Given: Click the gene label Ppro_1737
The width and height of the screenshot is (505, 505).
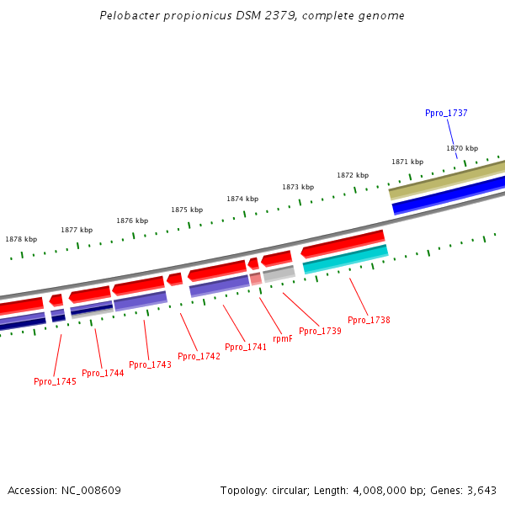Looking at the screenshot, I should point(446,113).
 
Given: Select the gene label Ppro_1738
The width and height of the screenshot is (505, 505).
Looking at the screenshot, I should point(369,320).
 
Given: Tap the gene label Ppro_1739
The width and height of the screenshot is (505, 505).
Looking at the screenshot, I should point(320,331).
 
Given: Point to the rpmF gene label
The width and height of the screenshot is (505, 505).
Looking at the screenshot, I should point(283,338).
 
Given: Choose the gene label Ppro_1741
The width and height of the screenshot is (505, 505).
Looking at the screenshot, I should point(246,347).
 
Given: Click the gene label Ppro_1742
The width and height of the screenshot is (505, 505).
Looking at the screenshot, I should point(199,356).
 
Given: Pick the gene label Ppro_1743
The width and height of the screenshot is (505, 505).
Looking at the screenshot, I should point(150,364).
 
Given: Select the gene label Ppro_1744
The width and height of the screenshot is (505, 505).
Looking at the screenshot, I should point(103,373).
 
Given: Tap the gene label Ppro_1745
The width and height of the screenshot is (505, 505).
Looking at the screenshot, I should point(55,381).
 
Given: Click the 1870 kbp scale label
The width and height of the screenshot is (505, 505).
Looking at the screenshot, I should point(462,148).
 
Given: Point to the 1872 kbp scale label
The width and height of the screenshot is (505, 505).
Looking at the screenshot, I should point(353,175).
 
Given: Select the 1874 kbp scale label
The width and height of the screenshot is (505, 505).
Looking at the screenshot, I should point(242,199).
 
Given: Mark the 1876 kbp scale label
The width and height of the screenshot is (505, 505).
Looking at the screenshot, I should point(132,221).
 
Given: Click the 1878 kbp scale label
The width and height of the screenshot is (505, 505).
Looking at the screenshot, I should point(21,239).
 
